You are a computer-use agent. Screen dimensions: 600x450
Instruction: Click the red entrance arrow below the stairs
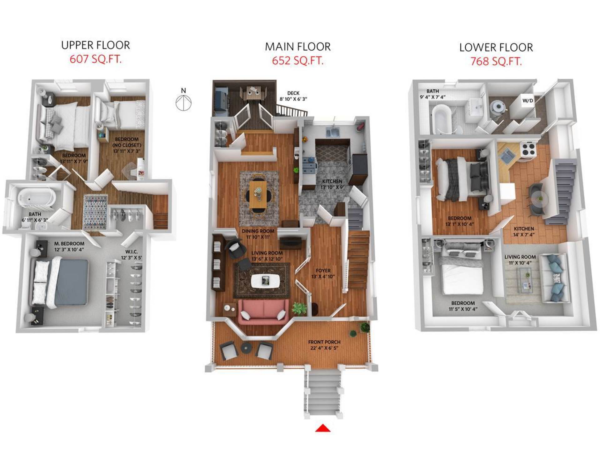(x=323, y=428)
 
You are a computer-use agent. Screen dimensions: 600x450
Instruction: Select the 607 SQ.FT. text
(x=95, y=59)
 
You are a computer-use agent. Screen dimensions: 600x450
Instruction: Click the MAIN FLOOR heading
(x=298, y=47)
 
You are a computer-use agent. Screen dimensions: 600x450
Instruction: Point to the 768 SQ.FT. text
(x=496, y=61)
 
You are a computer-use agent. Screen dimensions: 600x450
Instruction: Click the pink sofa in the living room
(x=263, y=311)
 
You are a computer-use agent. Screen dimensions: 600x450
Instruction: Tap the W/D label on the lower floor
(x=528, y=101)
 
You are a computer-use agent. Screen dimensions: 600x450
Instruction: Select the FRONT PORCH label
(x=324, y=342)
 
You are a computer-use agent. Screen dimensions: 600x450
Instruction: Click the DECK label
(x=293, y=93)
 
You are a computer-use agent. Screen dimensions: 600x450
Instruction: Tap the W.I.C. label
(x=132, y=252)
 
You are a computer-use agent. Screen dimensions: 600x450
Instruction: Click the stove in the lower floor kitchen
(x=528, y=150)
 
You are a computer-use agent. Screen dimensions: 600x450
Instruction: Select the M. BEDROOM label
(x=69, y=243)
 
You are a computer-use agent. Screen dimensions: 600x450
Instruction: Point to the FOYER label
(x=323, y=271)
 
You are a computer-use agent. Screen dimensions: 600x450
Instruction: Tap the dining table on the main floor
(x=258, y=195)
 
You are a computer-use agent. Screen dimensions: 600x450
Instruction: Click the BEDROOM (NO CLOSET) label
(x=127, y=142)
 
